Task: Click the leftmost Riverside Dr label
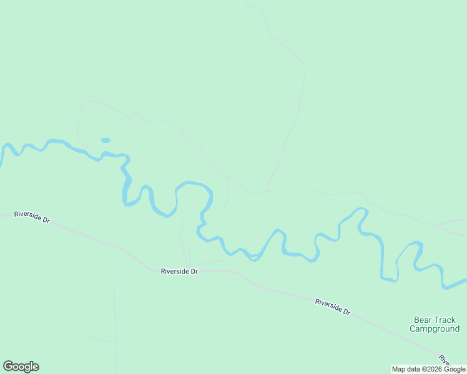tap(31, 217)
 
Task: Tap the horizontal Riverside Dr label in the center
tap(179, 271)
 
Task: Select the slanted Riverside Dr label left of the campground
tap(332, 307)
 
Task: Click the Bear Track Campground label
tap(435, 324)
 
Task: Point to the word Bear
tap(422, 320)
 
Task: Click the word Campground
tap(435, 328)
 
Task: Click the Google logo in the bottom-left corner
tap(21, 367)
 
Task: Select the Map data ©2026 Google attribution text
tap(428, 369)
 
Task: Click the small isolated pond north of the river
tap(106, 140)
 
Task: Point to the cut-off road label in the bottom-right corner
tap(445, 360)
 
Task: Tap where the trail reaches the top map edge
tap(246, 2)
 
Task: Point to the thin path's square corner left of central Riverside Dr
tap(115, 270)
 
